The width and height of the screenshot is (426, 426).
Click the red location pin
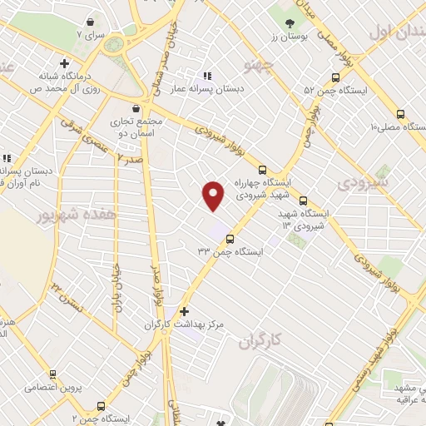[214, 196]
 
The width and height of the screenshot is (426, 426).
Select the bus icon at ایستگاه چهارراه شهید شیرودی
[263, 169]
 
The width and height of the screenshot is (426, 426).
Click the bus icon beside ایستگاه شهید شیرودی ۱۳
[303, 201]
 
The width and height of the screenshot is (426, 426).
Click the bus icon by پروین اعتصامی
[52, 375]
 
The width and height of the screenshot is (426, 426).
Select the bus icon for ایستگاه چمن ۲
[101, 406]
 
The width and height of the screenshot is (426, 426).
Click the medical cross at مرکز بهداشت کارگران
[184, 311]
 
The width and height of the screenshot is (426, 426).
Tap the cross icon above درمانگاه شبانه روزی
[64, 63]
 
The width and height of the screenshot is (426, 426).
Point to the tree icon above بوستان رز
[290, 24]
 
